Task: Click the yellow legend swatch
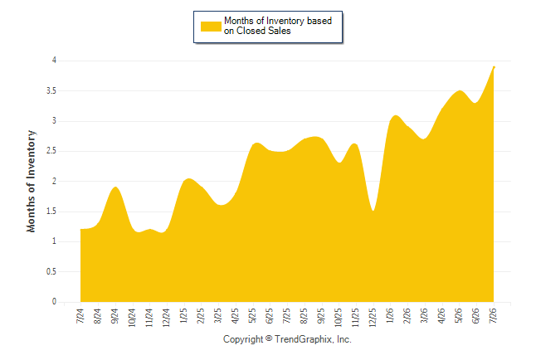(211, 27)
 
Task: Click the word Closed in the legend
(251, 31)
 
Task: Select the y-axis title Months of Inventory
(31, 181)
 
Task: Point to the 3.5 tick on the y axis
(51, 91)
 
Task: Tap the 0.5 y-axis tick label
(51, 272)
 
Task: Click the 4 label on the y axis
(54, 61)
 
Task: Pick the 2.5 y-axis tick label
(51, 151)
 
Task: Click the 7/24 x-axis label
(80, 316)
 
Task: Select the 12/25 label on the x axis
(373, 317)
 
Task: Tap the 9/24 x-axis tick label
(115, 316)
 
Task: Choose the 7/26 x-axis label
(493, 316)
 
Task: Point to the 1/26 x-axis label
(389, 316)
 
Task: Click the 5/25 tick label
(252, 316)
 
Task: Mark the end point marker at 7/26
(494, 67)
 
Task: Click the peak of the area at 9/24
(115, 187)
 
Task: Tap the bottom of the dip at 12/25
(373, 211)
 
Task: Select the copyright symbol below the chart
(269, 338)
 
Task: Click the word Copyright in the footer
(243, 339)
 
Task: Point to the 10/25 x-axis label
(338, 317)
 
